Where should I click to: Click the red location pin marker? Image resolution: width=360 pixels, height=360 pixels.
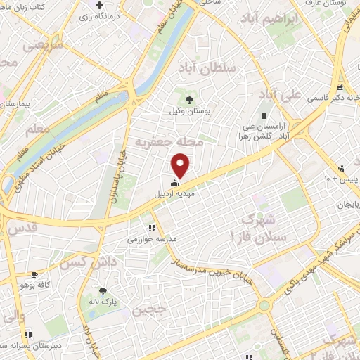pos(181,166)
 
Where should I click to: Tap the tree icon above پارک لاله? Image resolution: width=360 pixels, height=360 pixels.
pos(103,292)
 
